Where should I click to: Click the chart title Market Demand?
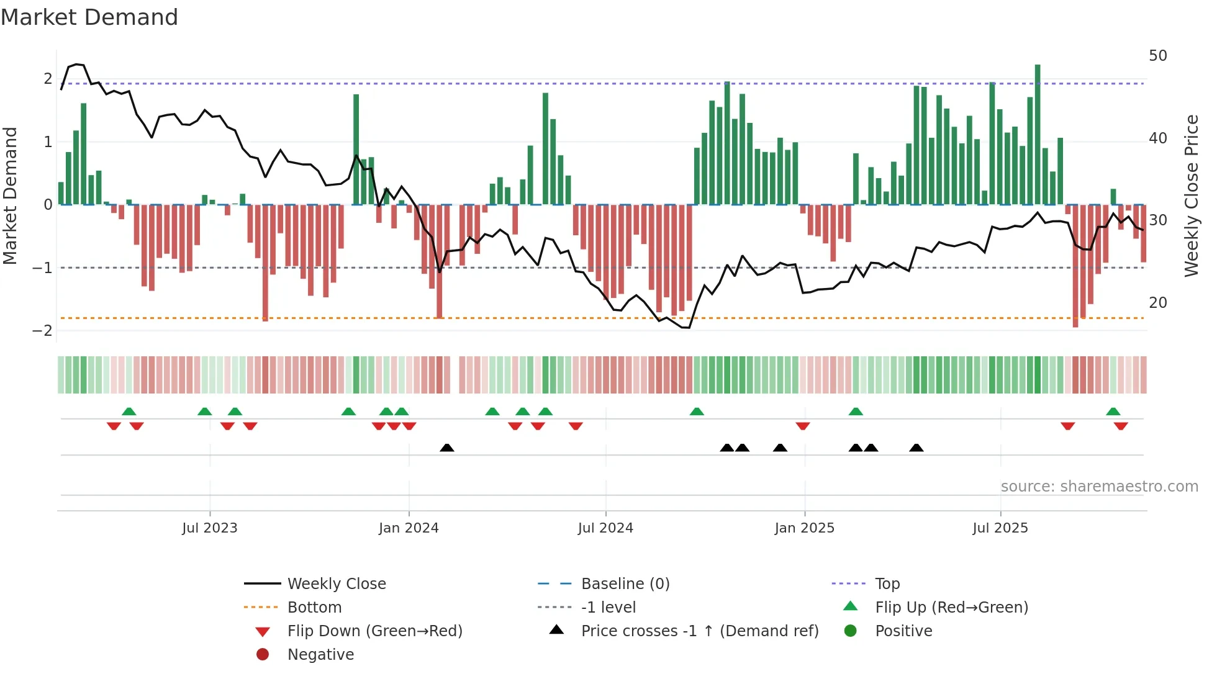89,17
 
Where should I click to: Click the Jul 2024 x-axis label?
605,528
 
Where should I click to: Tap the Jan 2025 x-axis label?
804,528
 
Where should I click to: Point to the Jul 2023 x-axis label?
210,528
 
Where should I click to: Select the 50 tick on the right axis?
1157,56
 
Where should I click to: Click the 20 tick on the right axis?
1157,303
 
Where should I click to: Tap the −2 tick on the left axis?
42,331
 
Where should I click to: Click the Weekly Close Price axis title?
1191,196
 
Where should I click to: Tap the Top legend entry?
887,584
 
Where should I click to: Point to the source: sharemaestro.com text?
1099,487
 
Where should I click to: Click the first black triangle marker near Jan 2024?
447,448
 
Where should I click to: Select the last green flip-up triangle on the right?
1113,412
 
